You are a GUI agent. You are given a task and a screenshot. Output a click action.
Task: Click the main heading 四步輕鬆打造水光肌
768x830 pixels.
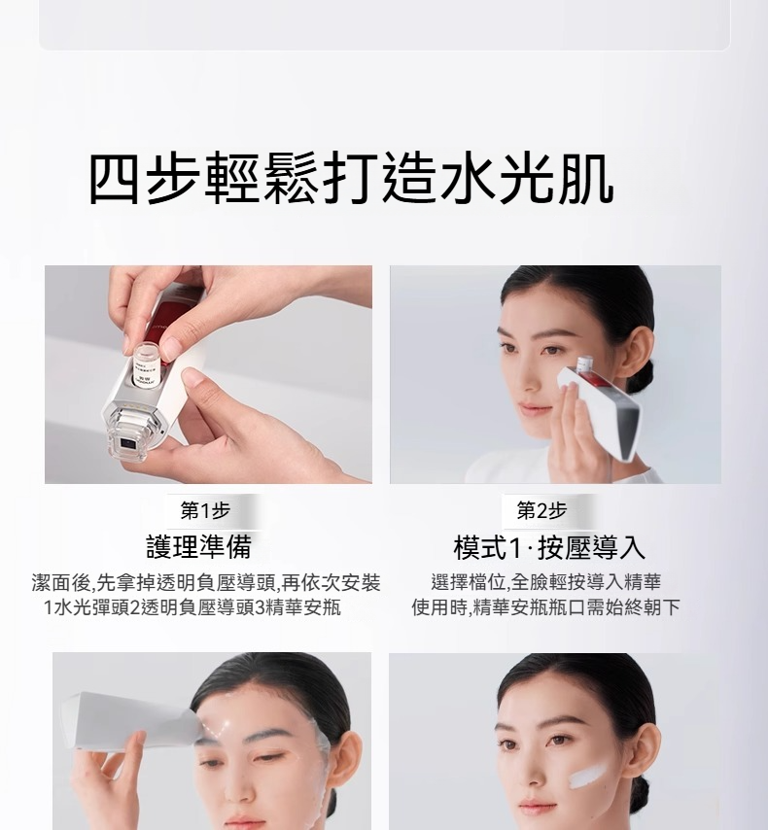point(351,179)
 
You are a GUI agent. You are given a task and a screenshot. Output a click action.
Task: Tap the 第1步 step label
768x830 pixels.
point(205,511)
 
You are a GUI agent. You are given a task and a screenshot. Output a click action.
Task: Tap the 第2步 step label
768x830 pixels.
point(541,511)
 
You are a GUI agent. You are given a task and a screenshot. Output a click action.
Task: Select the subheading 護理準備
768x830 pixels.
point(198,547)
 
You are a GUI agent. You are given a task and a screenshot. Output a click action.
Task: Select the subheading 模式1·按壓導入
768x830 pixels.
point(549,547)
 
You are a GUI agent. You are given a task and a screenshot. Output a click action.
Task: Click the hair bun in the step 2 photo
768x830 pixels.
point(643,373)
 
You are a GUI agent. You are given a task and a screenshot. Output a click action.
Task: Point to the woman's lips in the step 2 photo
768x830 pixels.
point(534,409)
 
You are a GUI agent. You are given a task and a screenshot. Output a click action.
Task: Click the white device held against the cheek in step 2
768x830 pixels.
point(600,407)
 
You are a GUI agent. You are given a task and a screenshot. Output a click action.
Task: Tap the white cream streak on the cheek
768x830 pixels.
point(587,776)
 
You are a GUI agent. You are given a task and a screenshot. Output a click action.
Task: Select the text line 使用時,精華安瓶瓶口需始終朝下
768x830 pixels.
point(545,607)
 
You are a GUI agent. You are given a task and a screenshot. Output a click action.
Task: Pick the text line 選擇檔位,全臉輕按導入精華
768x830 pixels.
point(546,582)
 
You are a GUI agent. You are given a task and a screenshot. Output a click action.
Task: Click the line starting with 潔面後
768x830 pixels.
point(206,583)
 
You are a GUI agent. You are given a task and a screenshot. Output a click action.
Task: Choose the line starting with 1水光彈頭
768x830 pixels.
point(192,607)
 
